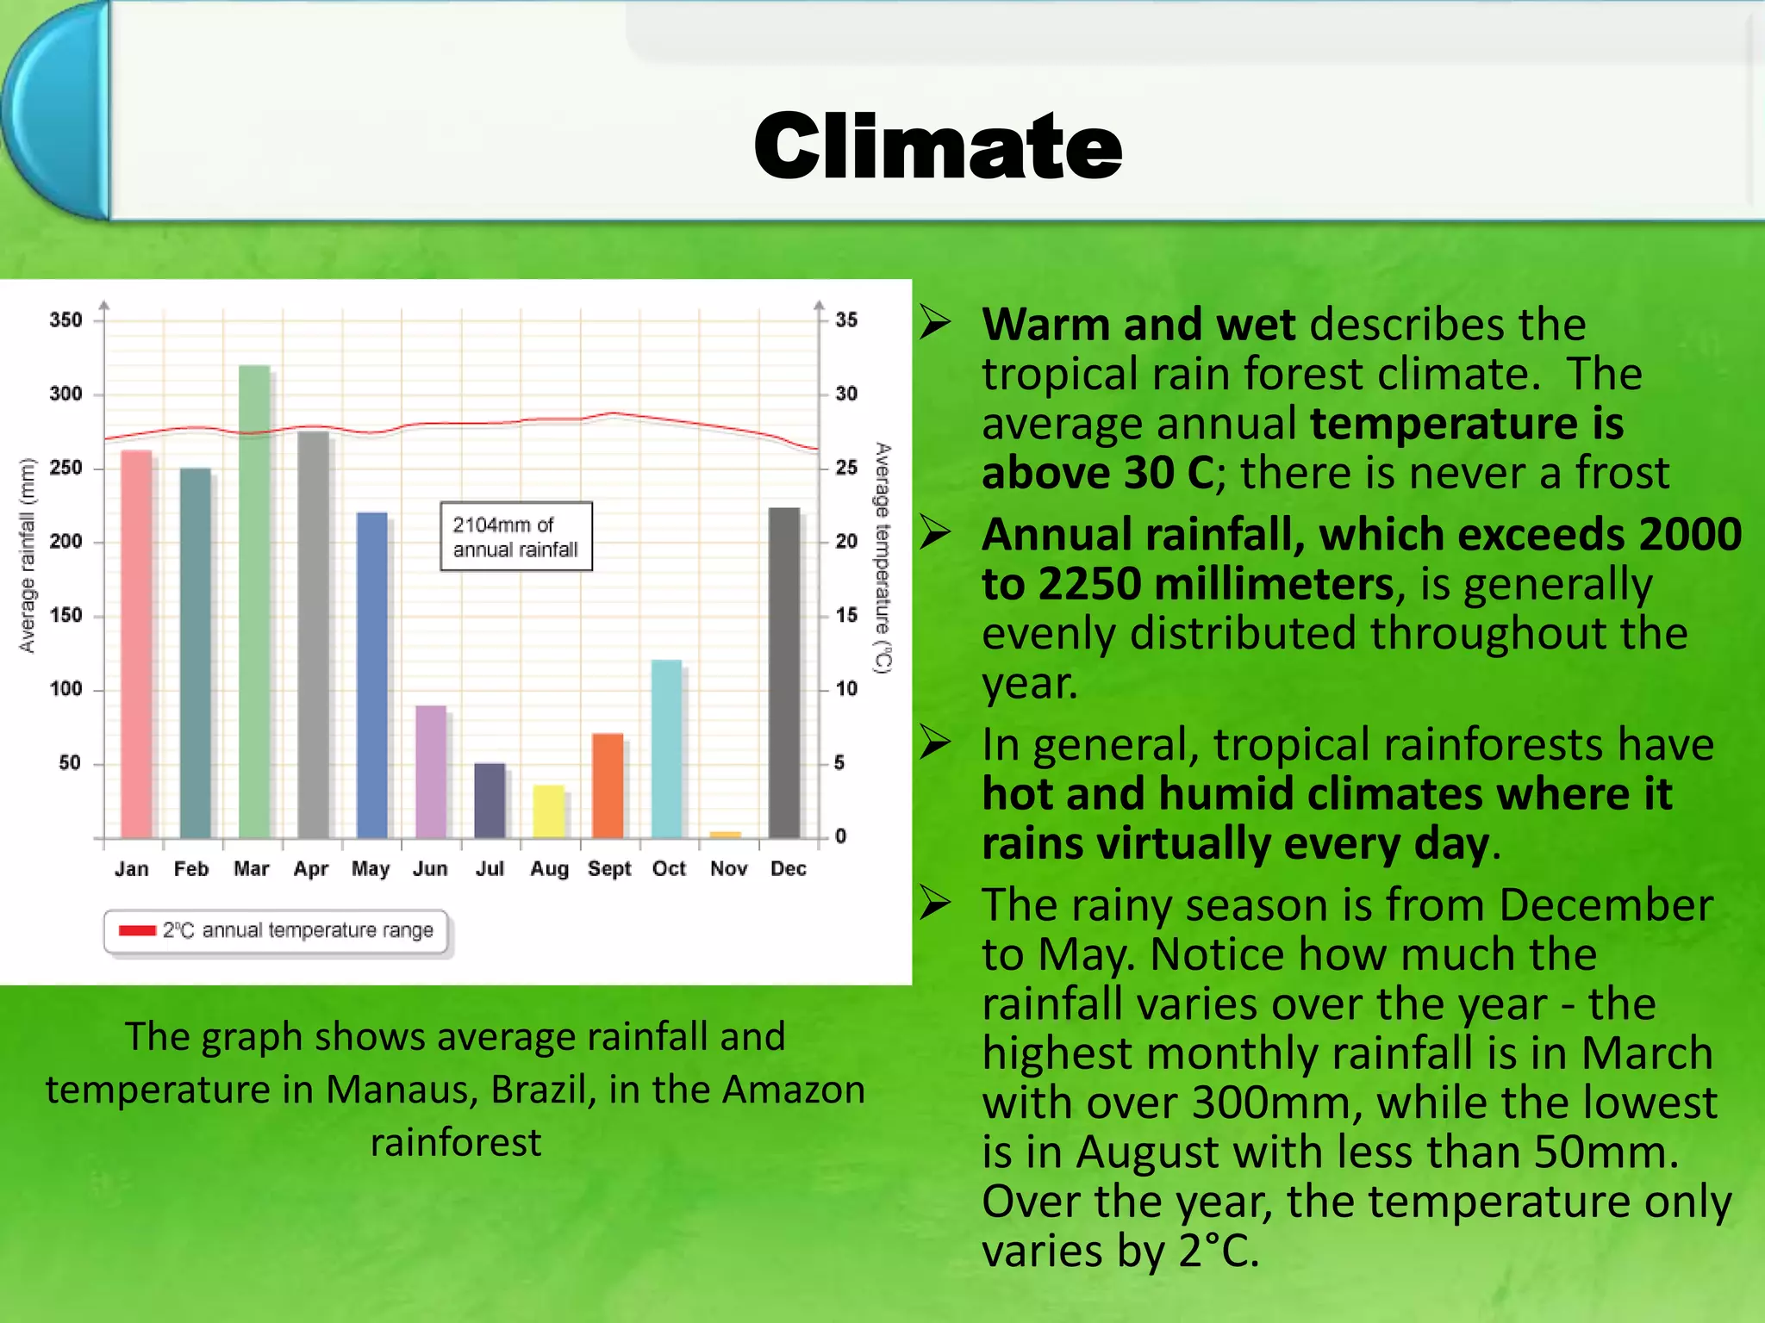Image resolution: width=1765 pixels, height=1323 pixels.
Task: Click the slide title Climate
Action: click(x=938, y=146)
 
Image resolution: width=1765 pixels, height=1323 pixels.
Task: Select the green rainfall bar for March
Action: click(x=254, y=603)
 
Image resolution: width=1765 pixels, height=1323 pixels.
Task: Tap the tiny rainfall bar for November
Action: click(x=725, y=834)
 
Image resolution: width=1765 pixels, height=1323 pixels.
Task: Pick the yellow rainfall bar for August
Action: click(x=549, y=811)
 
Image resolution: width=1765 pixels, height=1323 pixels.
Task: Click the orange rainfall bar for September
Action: click(x=608, y=786)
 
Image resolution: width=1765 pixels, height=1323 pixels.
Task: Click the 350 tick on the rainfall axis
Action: click(x=65, y=320)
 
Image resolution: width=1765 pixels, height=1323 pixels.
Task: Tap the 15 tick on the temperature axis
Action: click(x=846, y=615)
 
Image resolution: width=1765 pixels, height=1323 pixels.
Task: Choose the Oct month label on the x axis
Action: click(x=669, y=868)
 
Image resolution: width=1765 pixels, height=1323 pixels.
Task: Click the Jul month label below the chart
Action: click(x=490, y=868)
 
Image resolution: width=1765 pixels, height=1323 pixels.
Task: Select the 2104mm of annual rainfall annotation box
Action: click(x=516, y=537)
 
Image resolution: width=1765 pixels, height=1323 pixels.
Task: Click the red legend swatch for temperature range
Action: click(x=137, y=930)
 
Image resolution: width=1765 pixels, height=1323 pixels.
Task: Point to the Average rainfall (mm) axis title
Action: click(x=28, y=556)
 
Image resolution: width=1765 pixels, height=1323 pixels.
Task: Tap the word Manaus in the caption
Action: click(x=401, y=1090)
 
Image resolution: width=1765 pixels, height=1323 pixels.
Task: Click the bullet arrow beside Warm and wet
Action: click(x=935, y=323)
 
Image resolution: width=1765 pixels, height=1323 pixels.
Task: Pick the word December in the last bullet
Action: click(x=1605, y=905)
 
